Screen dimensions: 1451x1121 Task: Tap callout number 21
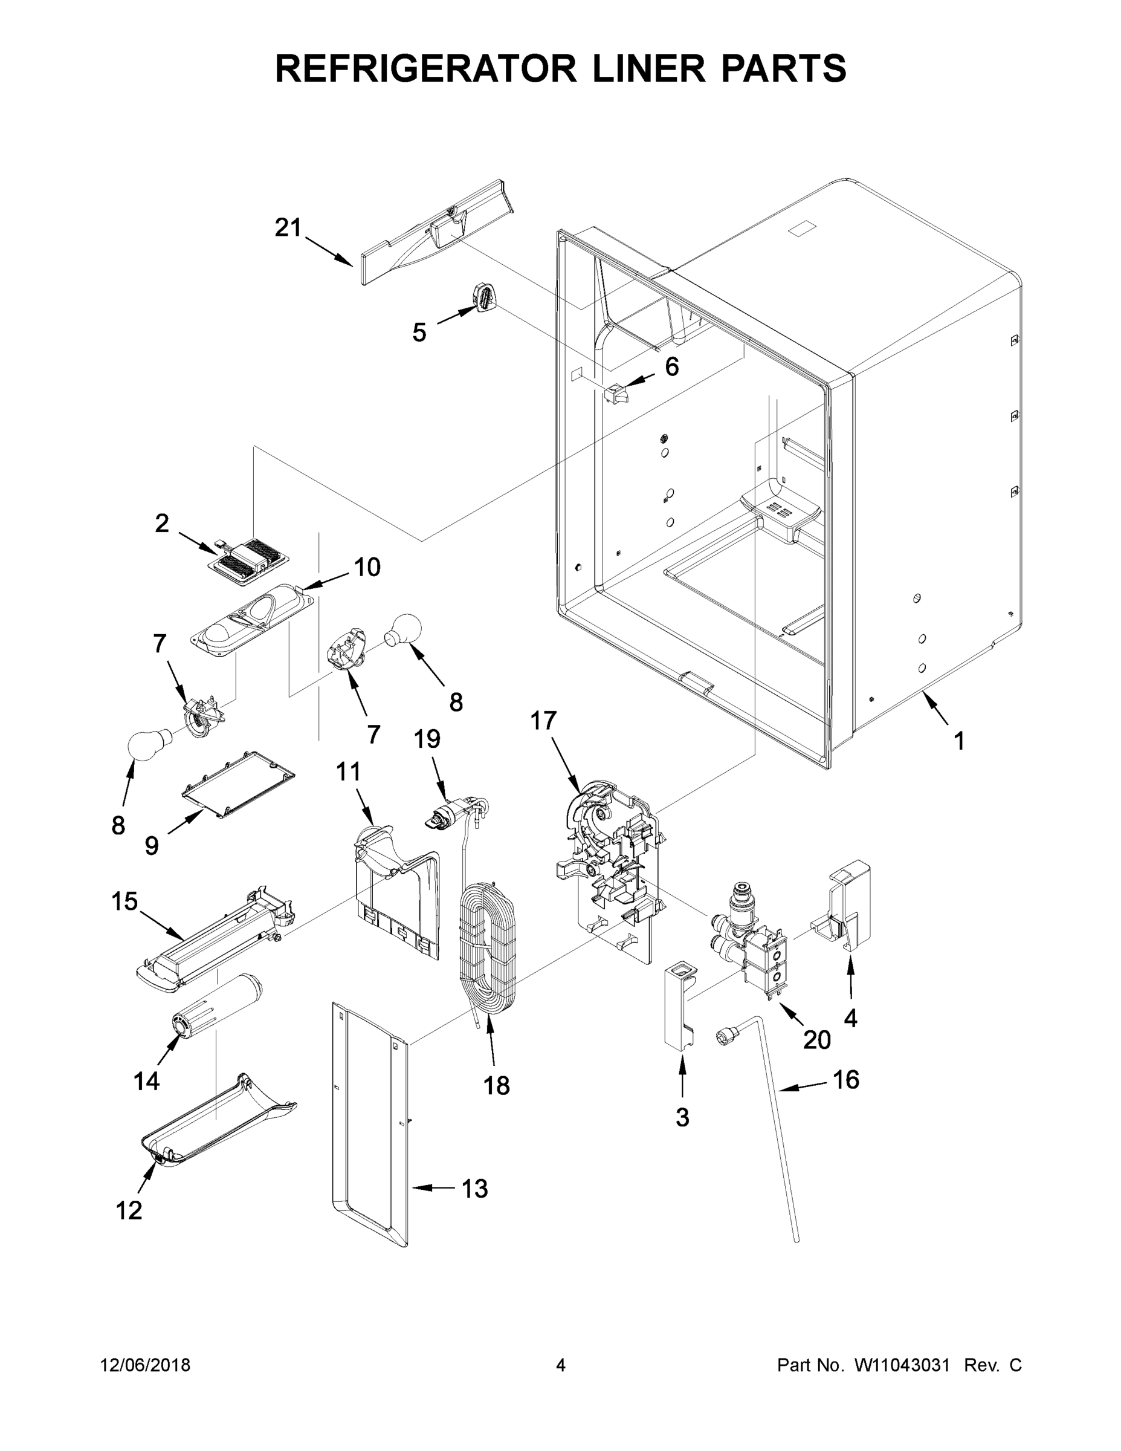coord(288,228)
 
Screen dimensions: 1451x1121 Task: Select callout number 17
coord(543,721)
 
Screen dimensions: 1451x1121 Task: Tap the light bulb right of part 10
coord(404,628)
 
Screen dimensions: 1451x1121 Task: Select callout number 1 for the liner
coord(958,741)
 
